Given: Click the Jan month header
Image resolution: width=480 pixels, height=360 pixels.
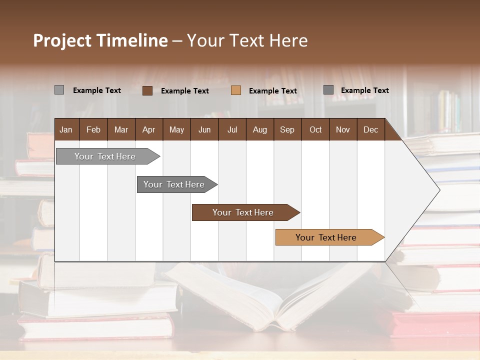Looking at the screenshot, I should click(66, 129).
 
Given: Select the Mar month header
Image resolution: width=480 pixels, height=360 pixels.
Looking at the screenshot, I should click(121, 129).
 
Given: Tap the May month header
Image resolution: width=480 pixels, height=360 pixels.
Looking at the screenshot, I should click(176, 129).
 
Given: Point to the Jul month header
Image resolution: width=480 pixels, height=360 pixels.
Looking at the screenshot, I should click(232, 129).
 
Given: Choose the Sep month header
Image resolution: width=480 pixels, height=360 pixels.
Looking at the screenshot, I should click(287, 129).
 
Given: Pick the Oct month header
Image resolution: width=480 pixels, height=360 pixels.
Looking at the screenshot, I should click(315, 129).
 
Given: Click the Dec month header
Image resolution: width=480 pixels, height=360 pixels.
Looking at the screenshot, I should click(370, 129).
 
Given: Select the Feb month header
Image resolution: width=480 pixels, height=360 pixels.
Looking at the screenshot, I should click(93, 129).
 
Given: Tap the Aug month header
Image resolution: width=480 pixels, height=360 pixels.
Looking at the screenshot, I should click(259, 129).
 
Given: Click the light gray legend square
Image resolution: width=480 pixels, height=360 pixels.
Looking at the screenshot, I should click(59, 90).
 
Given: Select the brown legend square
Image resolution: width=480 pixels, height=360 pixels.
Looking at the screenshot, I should click(147, 90).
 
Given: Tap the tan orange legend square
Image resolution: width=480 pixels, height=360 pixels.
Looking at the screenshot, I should click(236, 90).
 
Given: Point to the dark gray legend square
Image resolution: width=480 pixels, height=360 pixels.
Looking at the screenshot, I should click(328, 90).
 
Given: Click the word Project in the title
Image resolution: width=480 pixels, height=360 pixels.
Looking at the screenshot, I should click(62, 40).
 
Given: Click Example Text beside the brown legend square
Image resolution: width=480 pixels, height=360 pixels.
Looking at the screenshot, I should click(185, 90).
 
